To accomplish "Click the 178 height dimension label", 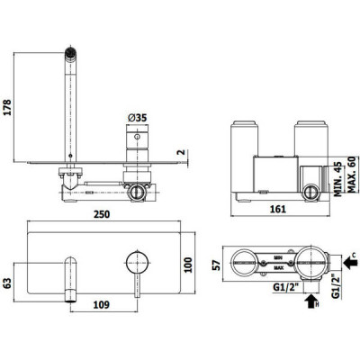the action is tap(6, 107).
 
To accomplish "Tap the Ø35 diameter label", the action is tap(138, 118).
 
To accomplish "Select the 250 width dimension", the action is tap(102, 214).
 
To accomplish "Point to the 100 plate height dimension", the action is tap(188, 265).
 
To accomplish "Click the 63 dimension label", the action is tap(6, 283).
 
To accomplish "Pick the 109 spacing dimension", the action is tap(101, 305).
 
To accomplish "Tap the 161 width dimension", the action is tap(278, 209).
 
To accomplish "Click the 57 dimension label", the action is tap(217, 265).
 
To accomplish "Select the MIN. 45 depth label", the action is tap(338, 179).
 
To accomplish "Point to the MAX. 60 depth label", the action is tap(351, 175).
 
